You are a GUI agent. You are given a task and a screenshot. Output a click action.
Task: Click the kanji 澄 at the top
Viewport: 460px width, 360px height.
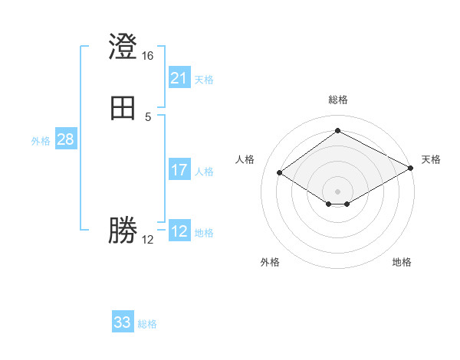(x=123, y=47)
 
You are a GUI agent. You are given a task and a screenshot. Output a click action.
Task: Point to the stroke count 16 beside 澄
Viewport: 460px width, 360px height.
(x=148, y=56)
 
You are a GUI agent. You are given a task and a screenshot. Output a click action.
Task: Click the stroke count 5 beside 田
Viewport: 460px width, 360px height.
(x=148, y=116)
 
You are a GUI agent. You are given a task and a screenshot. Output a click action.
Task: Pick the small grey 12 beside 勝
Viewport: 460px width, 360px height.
(x=148, y=239)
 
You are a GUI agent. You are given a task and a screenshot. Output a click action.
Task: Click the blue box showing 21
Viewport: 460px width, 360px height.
(x=179, y=78)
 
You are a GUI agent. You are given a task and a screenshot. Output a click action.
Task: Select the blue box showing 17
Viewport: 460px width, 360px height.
(x=179, y=170)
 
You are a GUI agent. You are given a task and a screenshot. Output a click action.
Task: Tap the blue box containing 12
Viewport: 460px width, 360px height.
(x=179, y=231)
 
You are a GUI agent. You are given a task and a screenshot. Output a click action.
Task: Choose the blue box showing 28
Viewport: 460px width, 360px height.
(x=65, y=140)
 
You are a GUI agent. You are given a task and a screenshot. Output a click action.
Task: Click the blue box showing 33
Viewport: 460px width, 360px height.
(x=123, y=322)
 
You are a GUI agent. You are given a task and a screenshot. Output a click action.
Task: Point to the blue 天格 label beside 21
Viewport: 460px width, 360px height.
(x=204, y=80)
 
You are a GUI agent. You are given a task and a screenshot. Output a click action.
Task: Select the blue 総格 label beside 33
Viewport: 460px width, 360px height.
(x=147, y=324)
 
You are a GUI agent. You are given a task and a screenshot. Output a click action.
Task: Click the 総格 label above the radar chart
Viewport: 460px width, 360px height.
(x=338, y=100)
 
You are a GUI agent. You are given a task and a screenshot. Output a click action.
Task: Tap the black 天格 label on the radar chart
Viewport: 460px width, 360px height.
(x=431, y=159)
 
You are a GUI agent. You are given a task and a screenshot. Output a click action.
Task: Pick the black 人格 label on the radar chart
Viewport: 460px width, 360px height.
(x=245, y=159)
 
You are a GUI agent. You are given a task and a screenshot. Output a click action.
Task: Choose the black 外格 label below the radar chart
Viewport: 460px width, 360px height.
(x=270, y=262)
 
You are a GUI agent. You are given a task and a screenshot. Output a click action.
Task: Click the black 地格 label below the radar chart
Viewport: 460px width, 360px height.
(x=402, y=262)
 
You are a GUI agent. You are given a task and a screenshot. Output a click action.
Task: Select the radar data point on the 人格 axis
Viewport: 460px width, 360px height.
(x=280, y=173)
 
